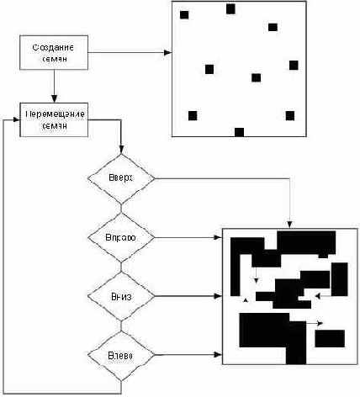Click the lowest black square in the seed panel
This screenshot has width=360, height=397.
click(x=239, y=131)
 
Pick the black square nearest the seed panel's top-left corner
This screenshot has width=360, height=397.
click(x=184, y=14)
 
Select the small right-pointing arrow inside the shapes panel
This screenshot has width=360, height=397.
click(x=320, y=322)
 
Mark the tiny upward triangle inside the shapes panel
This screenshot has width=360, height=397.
click(x=245, y=299)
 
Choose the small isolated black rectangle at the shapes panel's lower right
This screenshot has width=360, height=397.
click(x=329, y=338)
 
